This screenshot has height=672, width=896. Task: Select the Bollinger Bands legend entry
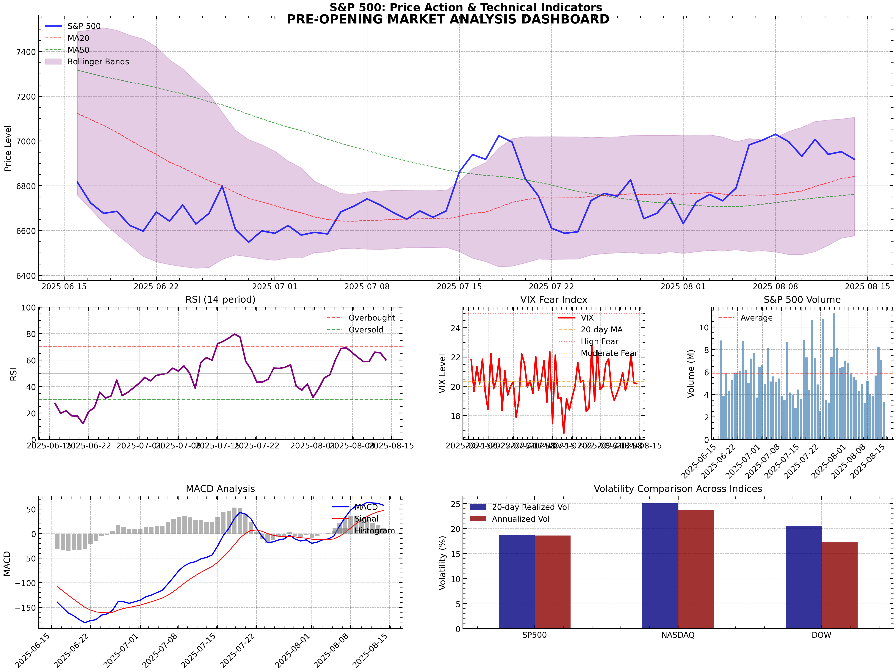click(98, 62)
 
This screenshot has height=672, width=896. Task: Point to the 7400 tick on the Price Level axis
click(26, 52)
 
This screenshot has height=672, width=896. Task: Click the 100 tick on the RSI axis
click(28, 308)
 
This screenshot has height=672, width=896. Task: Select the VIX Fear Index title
click(554, 300)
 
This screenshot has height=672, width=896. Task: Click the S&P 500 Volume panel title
click(802, 300)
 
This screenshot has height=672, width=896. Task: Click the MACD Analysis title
click(220, 489)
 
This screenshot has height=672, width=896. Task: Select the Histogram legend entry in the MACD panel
click(374, 531)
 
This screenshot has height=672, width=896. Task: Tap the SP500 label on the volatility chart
click(534, 635)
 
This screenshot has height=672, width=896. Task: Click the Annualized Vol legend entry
click(521, 519)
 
